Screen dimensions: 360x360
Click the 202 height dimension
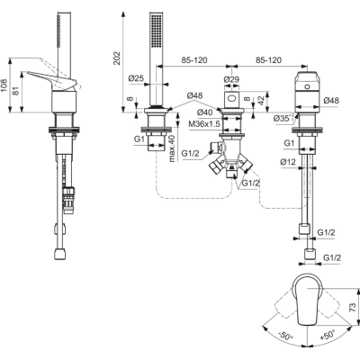(x=117, y=58)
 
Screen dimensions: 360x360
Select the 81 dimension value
(x=17, y=91)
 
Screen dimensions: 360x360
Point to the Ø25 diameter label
(x=136, y=78)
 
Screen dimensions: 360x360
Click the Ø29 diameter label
(x=231, y=79)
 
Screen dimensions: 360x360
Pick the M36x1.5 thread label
(x=204, y=123)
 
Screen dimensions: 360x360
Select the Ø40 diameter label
(x=205, y=112)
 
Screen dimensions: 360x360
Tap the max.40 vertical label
(x=171, y=148)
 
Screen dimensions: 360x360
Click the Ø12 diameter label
(x=288, y=162)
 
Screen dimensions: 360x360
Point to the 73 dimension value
(x=354, y=307)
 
